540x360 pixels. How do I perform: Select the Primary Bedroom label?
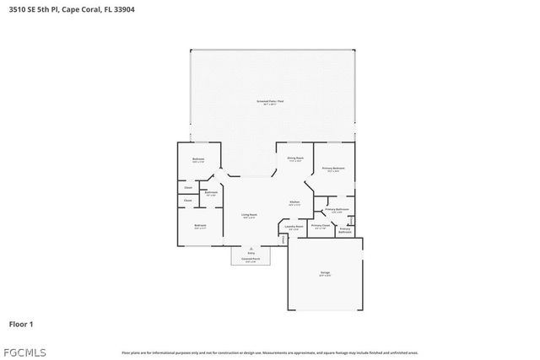point(334,169)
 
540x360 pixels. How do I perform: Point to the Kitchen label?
point(295,202)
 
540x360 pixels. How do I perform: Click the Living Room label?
point(249,215)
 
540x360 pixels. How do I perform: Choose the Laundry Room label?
point(294,226)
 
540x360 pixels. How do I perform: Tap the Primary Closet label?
point(320,225)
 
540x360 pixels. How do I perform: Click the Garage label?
point(325,272)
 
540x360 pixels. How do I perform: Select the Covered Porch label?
point(251,260)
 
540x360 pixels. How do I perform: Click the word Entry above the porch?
point(251,252)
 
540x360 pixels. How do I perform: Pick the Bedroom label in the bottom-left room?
point(200,225)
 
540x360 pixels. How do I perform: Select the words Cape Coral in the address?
point(79,10)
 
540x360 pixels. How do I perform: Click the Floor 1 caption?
point(21,323)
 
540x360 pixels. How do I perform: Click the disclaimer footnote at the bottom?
point(270,352)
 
